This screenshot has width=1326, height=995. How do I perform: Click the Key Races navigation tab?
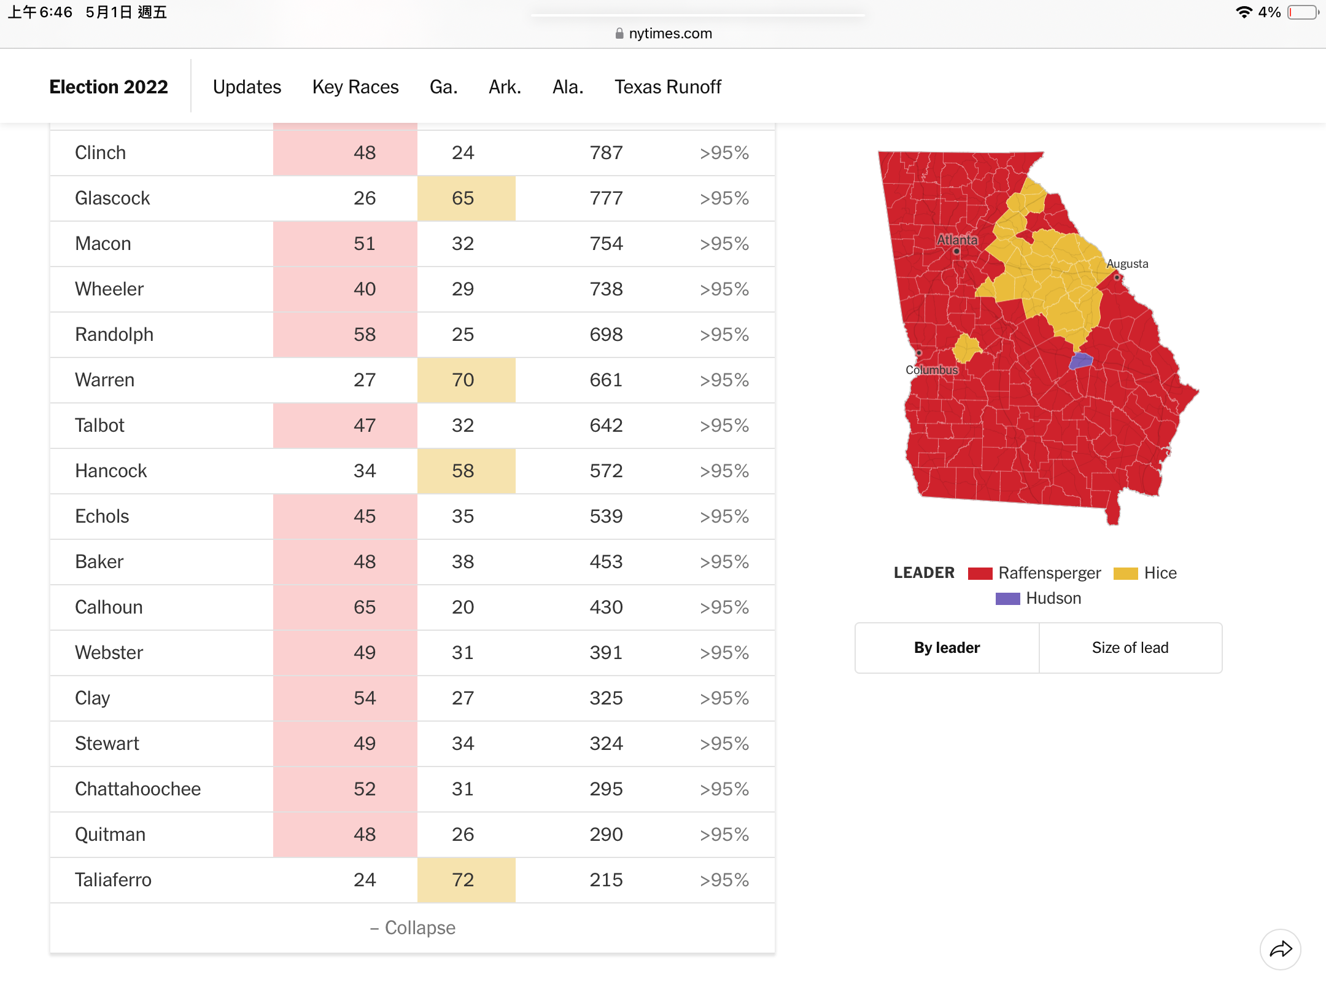(x=355, y=87)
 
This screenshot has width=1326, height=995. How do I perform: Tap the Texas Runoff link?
(x=668, y=87)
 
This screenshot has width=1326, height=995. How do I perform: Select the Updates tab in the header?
(x=247, y=87)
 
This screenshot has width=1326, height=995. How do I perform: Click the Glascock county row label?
(x=112, y=198)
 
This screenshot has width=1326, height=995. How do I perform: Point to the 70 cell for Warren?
(x=463, y=380)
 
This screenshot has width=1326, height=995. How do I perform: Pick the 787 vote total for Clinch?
(x=606, y=152)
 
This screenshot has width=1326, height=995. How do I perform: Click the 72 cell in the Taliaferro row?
(x=463, y=880)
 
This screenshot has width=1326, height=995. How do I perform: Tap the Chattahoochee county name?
(x=138, y=789)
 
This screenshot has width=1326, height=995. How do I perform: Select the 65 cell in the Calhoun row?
(x=365, y=607)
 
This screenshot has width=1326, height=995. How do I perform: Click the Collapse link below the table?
(x=413, y=927)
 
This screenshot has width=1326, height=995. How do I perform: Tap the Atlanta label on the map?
(x=957, y=240)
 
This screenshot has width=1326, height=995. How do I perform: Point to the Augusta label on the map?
(x=1127, y=263)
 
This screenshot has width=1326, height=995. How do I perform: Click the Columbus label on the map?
(x=932, y=370)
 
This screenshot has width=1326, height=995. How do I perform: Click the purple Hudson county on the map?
(x=1081, y=361)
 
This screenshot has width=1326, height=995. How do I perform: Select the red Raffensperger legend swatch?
(x=980, y=573)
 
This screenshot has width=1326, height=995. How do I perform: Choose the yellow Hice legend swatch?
(x=1126, y=573)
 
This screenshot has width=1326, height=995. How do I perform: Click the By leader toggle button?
(x=947, y=648)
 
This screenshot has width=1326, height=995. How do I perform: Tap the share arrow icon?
(x=1281, y=950)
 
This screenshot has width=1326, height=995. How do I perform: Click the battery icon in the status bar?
(x=1303, y=12)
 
